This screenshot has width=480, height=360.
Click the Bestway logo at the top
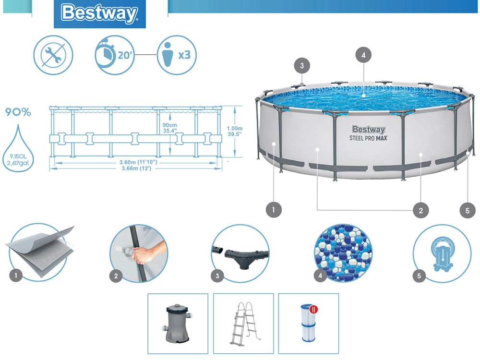(x=100, y=14)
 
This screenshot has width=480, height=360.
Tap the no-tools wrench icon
(x=53, y=55)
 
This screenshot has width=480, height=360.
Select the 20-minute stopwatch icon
(x=114, y=55)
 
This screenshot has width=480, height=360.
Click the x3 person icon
(x=177, y=55)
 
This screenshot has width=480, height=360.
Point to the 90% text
(x=18, y=113)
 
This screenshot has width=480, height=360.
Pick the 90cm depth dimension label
(x=170, y=127)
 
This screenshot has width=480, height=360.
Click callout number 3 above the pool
(x=301, y=66)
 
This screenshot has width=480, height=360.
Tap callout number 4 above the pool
(x=363, y=55)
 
